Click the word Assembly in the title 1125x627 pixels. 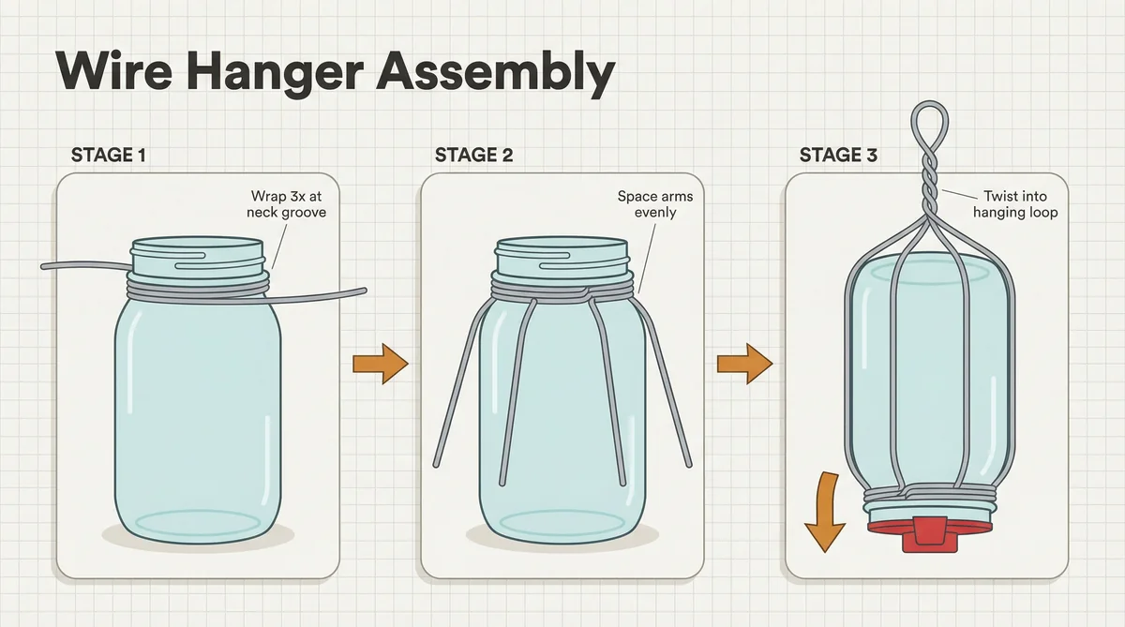tap(496, 72)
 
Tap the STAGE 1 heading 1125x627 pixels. tap(109, 156)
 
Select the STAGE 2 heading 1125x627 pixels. tap(473, 156)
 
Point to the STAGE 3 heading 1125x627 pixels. tap(838, 156)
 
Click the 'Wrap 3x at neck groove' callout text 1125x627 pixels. tap(286, 203)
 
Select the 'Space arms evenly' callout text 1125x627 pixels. tap(655, 203)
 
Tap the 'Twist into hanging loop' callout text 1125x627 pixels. tap(1015, 203)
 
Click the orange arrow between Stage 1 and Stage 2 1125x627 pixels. tap(381, 364)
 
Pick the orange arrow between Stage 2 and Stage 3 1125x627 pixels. tap(744, 364)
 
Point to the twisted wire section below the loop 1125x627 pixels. tap(930, 187)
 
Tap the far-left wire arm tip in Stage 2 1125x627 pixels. tap(436, 466)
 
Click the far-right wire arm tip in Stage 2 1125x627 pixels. tap(689, 465)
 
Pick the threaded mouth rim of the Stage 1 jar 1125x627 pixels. tap(197, 256)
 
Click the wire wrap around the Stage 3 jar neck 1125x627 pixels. tap(929, 494)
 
